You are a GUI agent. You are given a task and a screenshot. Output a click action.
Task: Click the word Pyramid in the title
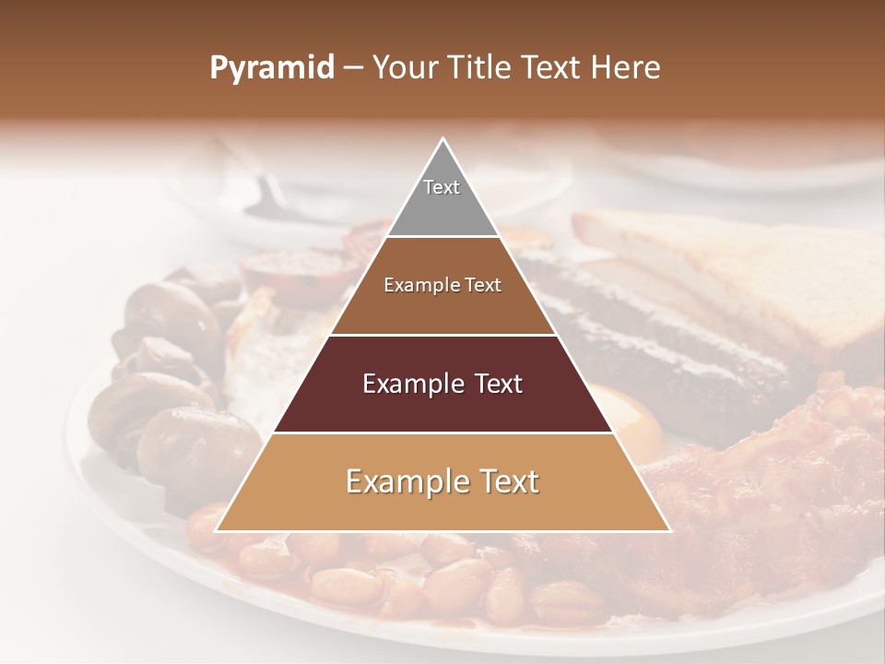(x=271, y=68)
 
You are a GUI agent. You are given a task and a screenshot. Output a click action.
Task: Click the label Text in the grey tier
(x=442, y=187)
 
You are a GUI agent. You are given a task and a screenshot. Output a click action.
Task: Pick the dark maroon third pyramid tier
(x=442, y=406)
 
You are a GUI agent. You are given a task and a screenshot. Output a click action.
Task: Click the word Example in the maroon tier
(x=410, y=384)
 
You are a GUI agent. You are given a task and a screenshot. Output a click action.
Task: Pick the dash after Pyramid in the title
(x=352, y=68)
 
